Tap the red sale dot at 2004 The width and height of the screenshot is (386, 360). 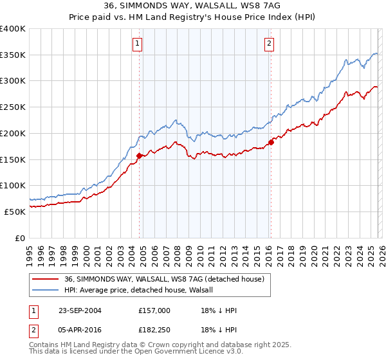[140, 155]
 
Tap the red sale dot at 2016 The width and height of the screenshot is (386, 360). [271, 142]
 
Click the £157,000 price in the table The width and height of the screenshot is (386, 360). [154, 310]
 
